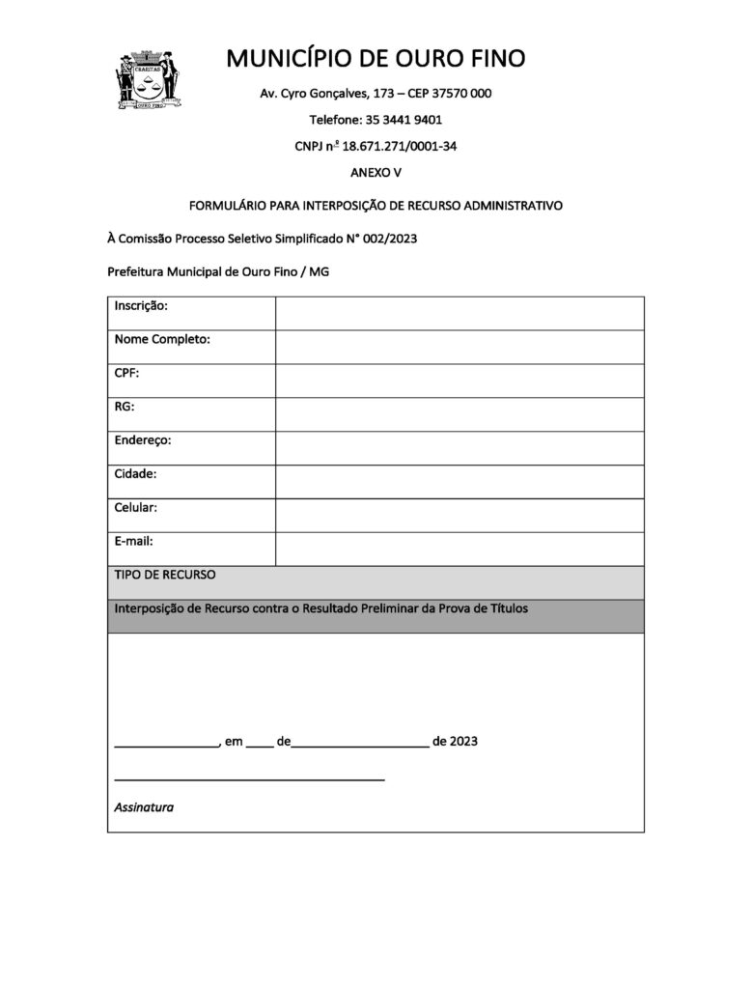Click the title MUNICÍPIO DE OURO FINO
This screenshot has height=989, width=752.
376,59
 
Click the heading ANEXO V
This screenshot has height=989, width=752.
376,173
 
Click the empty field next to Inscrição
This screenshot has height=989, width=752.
460,313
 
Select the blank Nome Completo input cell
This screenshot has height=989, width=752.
460,347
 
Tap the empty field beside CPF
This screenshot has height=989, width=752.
460,381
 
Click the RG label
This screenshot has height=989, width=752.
125,407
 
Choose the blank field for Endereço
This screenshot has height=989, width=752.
460,448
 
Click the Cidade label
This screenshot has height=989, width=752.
136,474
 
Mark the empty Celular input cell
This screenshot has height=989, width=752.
460,515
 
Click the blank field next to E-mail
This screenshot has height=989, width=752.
460,549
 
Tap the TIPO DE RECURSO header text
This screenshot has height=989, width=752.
165,575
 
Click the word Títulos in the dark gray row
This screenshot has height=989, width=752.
504,608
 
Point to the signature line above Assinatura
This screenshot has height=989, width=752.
249,778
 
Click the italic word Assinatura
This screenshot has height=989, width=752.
144,806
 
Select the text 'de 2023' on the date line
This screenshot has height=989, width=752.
456,742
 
